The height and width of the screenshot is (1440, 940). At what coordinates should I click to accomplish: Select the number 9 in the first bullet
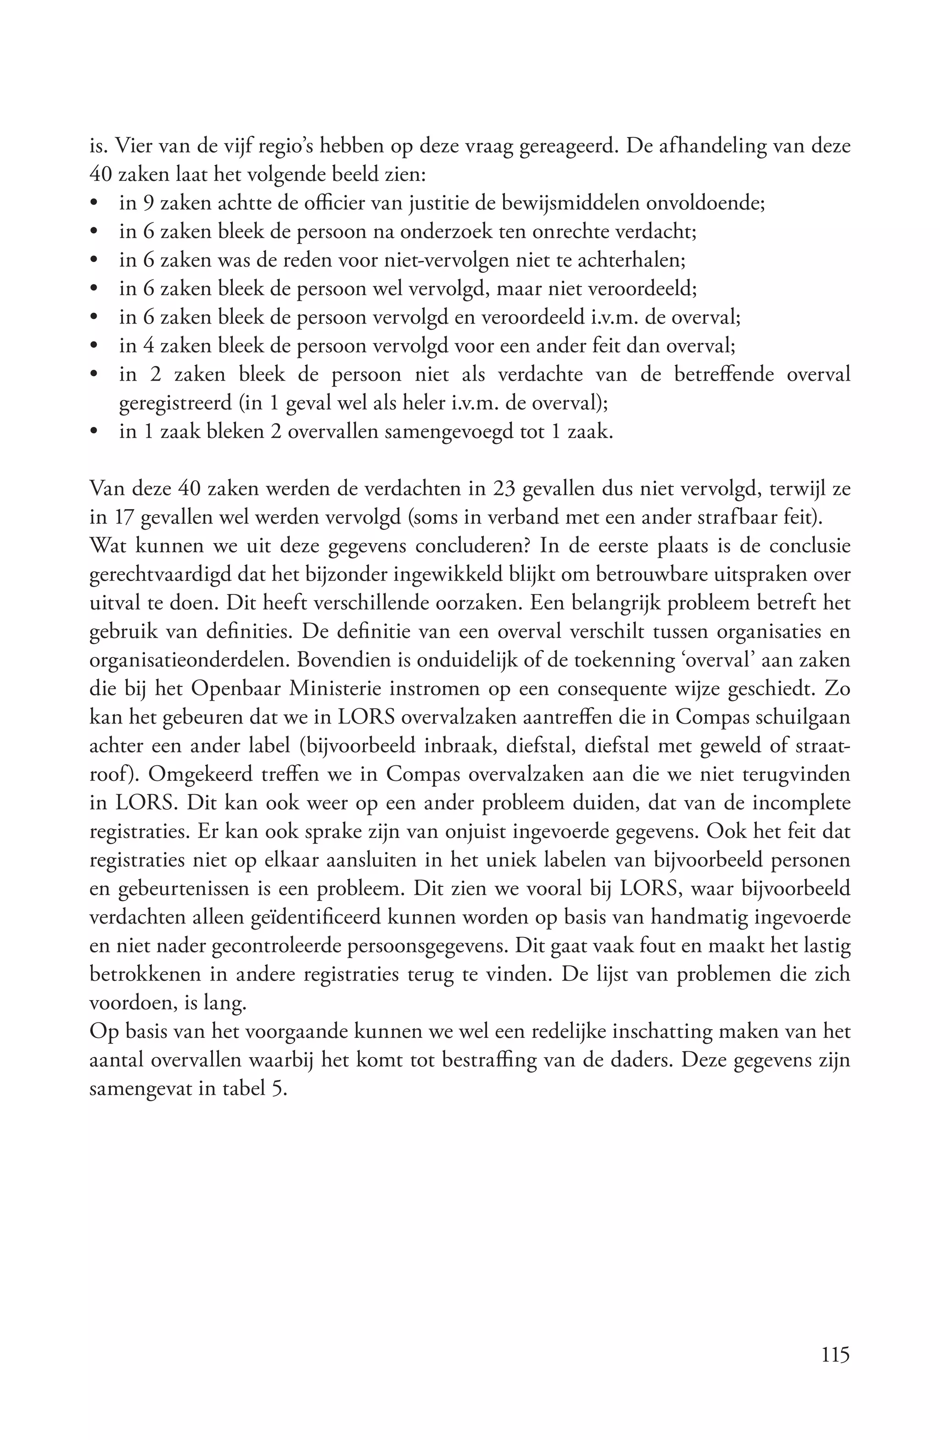[148, 203]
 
